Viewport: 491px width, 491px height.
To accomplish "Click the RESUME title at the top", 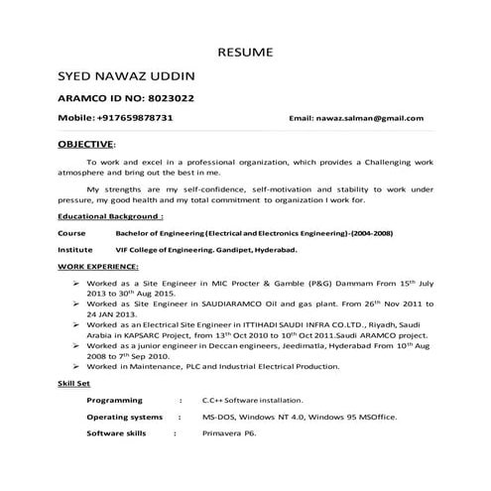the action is coord(246,52).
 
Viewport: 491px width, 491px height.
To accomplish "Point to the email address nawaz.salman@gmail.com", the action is coord(356,118).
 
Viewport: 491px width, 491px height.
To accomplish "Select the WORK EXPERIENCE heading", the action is coord(98,268).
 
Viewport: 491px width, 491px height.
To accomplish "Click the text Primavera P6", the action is coord(229,433).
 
